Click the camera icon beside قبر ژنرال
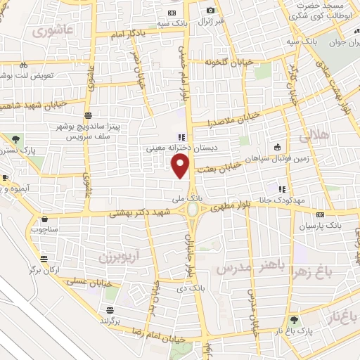tap(210, 10)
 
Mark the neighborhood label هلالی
tap(314, 136)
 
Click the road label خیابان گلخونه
tap(208, 64)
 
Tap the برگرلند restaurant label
tap(110, 319)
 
